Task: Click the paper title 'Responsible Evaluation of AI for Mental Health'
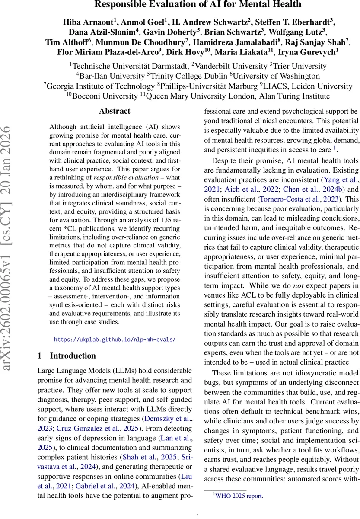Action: click(198, 6)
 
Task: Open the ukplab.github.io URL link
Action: click(115, 327)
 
